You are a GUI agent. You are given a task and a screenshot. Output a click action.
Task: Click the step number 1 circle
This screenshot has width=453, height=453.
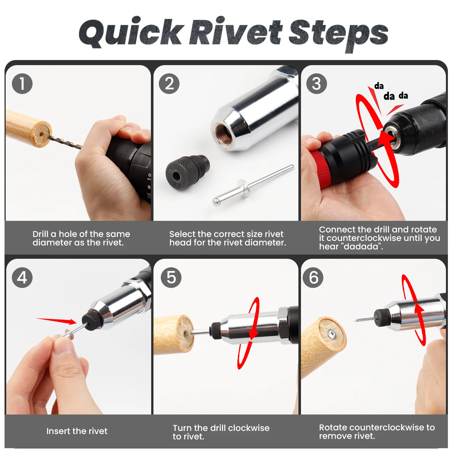tap(22, 84)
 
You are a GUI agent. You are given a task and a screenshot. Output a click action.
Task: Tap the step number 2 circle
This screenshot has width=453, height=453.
tap(169, 84)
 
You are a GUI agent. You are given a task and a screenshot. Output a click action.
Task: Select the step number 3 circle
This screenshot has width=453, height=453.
tap(317, 84)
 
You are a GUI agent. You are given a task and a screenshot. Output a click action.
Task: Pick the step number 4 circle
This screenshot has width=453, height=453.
tap(22, 277)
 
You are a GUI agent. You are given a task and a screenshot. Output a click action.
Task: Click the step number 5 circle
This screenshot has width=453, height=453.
tap(171, 277)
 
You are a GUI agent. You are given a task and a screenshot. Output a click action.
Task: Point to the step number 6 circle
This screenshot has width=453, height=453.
tap(313, 277)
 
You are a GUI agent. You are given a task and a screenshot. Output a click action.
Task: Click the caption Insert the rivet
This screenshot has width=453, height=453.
tap(77, 431)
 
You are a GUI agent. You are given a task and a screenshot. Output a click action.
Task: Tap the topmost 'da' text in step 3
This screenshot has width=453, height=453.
tap(379, 86)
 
